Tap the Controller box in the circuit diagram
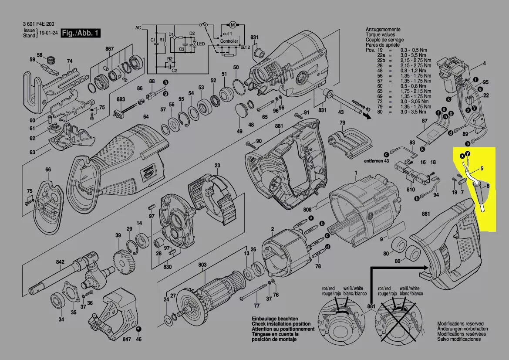tap(229, 41)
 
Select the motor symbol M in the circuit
tap(232, 24)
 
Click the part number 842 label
tap(60, 262)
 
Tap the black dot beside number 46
tap(138, 329)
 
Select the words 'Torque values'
tap(381, 34)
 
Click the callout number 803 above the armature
tap(202, 265)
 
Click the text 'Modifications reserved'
tap(460, 324)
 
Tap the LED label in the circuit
tap(201, 44)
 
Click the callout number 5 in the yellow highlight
tap(482, 168)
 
